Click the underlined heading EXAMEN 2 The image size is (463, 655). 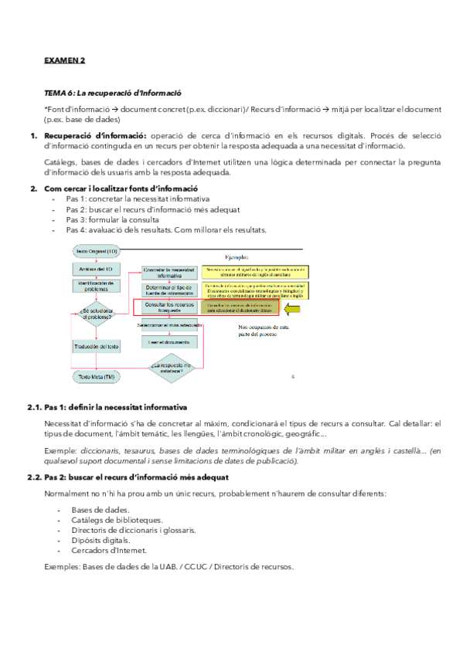click(64, 59)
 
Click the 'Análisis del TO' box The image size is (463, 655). click(97, 268)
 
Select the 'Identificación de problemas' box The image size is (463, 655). click(97, 287)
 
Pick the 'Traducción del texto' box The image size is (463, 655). click(97, 348)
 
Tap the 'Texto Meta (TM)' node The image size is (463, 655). click(97, 376)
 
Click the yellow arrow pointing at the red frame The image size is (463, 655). click(296, 309)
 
